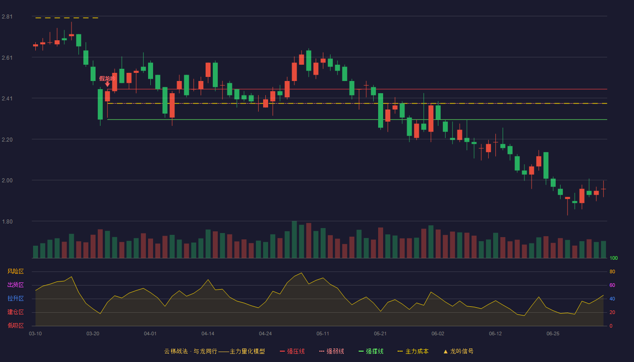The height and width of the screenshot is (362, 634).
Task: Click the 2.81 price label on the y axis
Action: click(7, 17)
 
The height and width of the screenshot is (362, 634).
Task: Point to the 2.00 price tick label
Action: click(7, 181)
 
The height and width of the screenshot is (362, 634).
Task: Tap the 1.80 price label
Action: click(7, 222)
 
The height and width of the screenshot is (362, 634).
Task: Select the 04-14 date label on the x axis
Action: click(208, 334)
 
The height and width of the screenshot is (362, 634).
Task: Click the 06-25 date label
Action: click(553, 334)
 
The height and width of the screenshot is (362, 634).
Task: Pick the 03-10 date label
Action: click(35, 334)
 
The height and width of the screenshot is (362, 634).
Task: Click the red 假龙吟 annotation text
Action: click(107, 78)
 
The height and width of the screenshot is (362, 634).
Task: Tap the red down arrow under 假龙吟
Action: click(108, 84)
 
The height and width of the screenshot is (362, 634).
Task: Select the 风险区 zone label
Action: click(15, 271)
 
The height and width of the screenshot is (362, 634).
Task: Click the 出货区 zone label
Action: click(15, 285)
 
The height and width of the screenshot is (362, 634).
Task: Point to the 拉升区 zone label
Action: click(15, 298)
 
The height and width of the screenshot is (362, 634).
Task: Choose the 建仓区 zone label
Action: click(15, 312)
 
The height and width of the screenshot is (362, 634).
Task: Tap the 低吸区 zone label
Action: click(15, 325)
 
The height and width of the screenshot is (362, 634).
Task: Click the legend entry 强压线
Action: click(293, 351)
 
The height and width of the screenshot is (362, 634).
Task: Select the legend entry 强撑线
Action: click(371, 351)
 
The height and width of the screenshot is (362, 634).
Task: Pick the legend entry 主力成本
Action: click(413, 351)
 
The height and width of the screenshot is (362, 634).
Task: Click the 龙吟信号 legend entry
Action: click(458, 351)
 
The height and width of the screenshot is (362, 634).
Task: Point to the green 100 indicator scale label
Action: click(614, 258)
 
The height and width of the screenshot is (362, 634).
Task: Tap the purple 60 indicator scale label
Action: click(612, 285)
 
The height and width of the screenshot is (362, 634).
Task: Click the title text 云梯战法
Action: click(176, 351)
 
